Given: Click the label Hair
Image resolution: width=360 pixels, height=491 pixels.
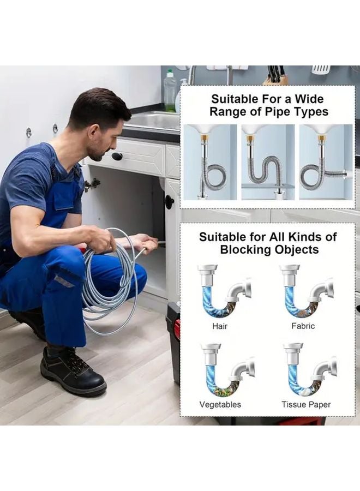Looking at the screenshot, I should coord(220,326).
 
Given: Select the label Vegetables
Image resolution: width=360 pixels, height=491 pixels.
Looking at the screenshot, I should coord(220,405).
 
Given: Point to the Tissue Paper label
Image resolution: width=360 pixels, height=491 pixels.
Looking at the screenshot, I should coord(306,405).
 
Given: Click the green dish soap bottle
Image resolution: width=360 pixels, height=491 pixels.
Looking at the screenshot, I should coord(170,90).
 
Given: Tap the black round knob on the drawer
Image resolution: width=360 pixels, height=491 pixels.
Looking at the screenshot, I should coord(117,156).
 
